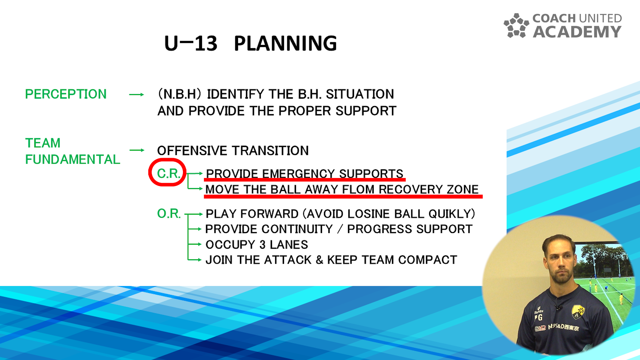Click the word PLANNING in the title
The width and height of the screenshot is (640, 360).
pyautogui.click(x=285, y=43)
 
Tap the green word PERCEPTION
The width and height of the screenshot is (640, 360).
pyautogui.click(x=66, y=94)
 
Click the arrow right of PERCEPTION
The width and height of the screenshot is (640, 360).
pyautogui.click(x=136, y=95)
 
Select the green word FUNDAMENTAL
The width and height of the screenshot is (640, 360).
pyautogui.click(x=72, y=159)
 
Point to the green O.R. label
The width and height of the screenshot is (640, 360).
pyautogui.click(x=169, y=214)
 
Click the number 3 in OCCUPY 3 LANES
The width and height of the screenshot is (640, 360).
pyautogui.click(x=262, y=245)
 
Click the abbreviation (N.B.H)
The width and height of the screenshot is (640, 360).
pyautogui.click(x=180, y=94)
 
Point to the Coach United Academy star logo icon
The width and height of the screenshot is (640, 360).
pyautogui.click(x=516, y=26)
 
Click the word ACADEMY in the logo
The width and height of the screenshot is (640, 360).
pyautogui.click(x=577, y=32)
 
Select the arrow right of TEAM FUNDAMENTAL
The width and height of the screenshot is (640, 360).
pyautogui.click(x=137, y=150)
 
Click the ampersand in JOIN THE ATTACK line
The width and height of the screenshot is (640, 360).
pyautogui.click(x=319, y=260)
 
